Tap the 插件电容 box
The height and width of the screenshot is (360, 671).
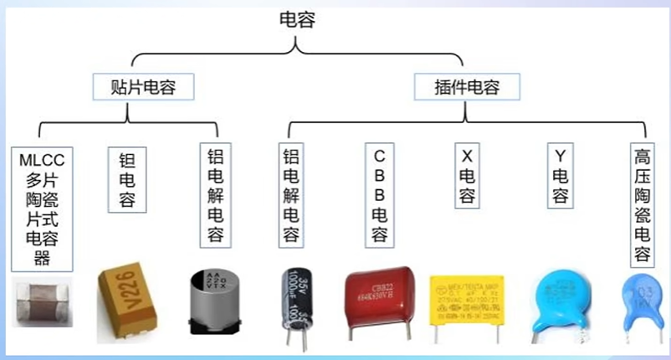(466, 86)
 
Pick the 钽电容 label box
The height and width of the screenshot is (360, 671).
(122, 179)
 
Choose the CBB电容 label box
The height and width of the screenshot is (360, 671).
(379, 195)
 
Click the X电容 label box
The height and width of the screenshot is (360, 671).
(467, 176)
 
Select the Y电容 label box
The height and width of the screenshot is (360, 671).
(560, 176)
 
